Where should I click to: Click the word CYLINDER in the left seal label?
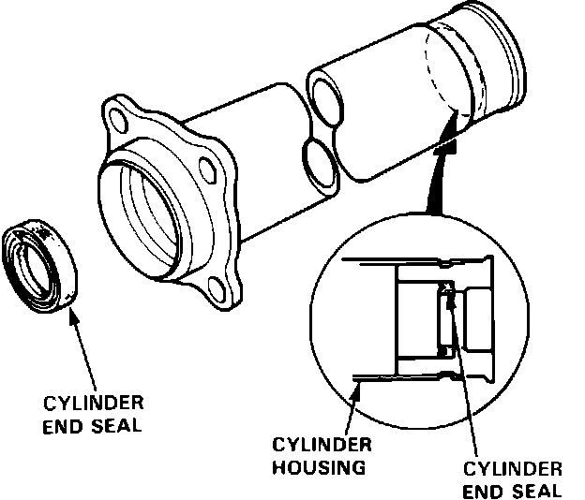click(x=95, y=404)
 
